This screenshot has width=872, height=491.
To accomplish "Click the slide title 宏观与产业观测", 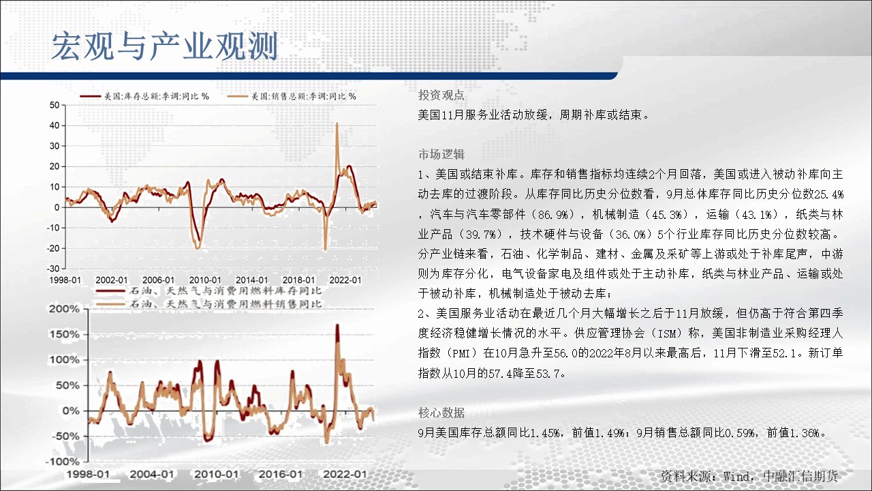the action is pyautogui.click(x=165, y=46).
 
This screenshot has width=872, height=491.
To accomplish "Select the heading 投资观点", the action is pyautogui.click(x=441, y=95).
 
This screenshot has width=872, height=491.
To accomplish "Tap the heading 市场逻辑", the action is pyautogui.click(x=441, y=154).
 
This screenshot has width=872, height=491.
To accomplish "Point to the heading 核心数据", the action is pyautogui.click(x=441, y=413).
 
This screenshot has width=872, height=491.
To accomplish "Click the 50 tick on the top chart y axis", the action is pyautogui.click(x=54, y=105).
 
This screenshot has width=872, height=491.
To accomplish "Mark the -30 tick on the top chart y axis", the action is pyautogui.click(x=53, y=269).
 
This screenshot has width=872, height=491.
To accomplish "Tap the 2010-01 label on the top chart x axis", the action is pyautogui.click(x=205, y=280).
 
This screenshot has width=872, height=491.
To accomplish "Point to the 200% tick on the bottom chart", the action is pyautogui.click(x=64, y=309).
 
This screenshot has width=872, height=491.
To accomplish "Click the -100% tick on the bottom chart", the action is pyautogui.click(x=62, y=462).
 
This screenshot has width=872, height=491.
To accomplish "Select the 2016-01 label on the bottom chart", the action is pyautogui.click(x=280, y=474).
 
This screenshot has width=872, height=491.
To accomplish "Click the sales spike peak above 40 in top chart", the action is pyautogui.click(x=337, y=123).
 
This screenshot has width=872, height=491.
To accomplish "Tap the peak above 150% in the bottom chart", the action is pyautogui.click(x=337, y=325).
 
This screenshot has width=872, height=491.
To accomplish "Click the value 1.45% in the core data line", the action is pyautogui.click(x=546, y=432).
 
